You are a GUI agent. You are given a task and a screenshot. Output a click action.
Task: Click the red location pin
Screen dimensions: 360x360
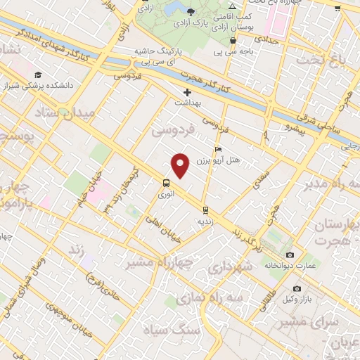pos(181,166)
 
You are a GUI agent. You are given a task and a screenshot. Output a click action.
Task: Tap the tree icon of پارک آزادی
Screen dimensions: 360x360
pos(191,12)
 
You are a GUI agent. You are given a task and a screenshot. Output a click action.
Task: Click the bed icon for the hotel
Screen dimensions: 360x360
pos(219,150)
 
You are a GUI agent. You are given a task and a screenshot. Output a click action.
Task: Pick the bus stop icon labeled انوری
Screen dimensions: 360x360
pos(166,183)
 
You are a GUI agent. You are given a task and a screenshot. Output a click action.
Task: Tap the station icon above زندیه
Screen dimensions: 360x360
pos(205,210)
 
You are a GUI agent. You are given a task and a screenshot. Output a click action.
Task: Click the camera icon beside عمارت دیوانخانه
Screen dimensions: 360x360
pos(290,255)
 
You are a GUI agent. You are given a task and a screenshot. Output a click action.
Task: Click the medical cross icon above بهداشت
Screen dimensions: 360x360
pos(187,92)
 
